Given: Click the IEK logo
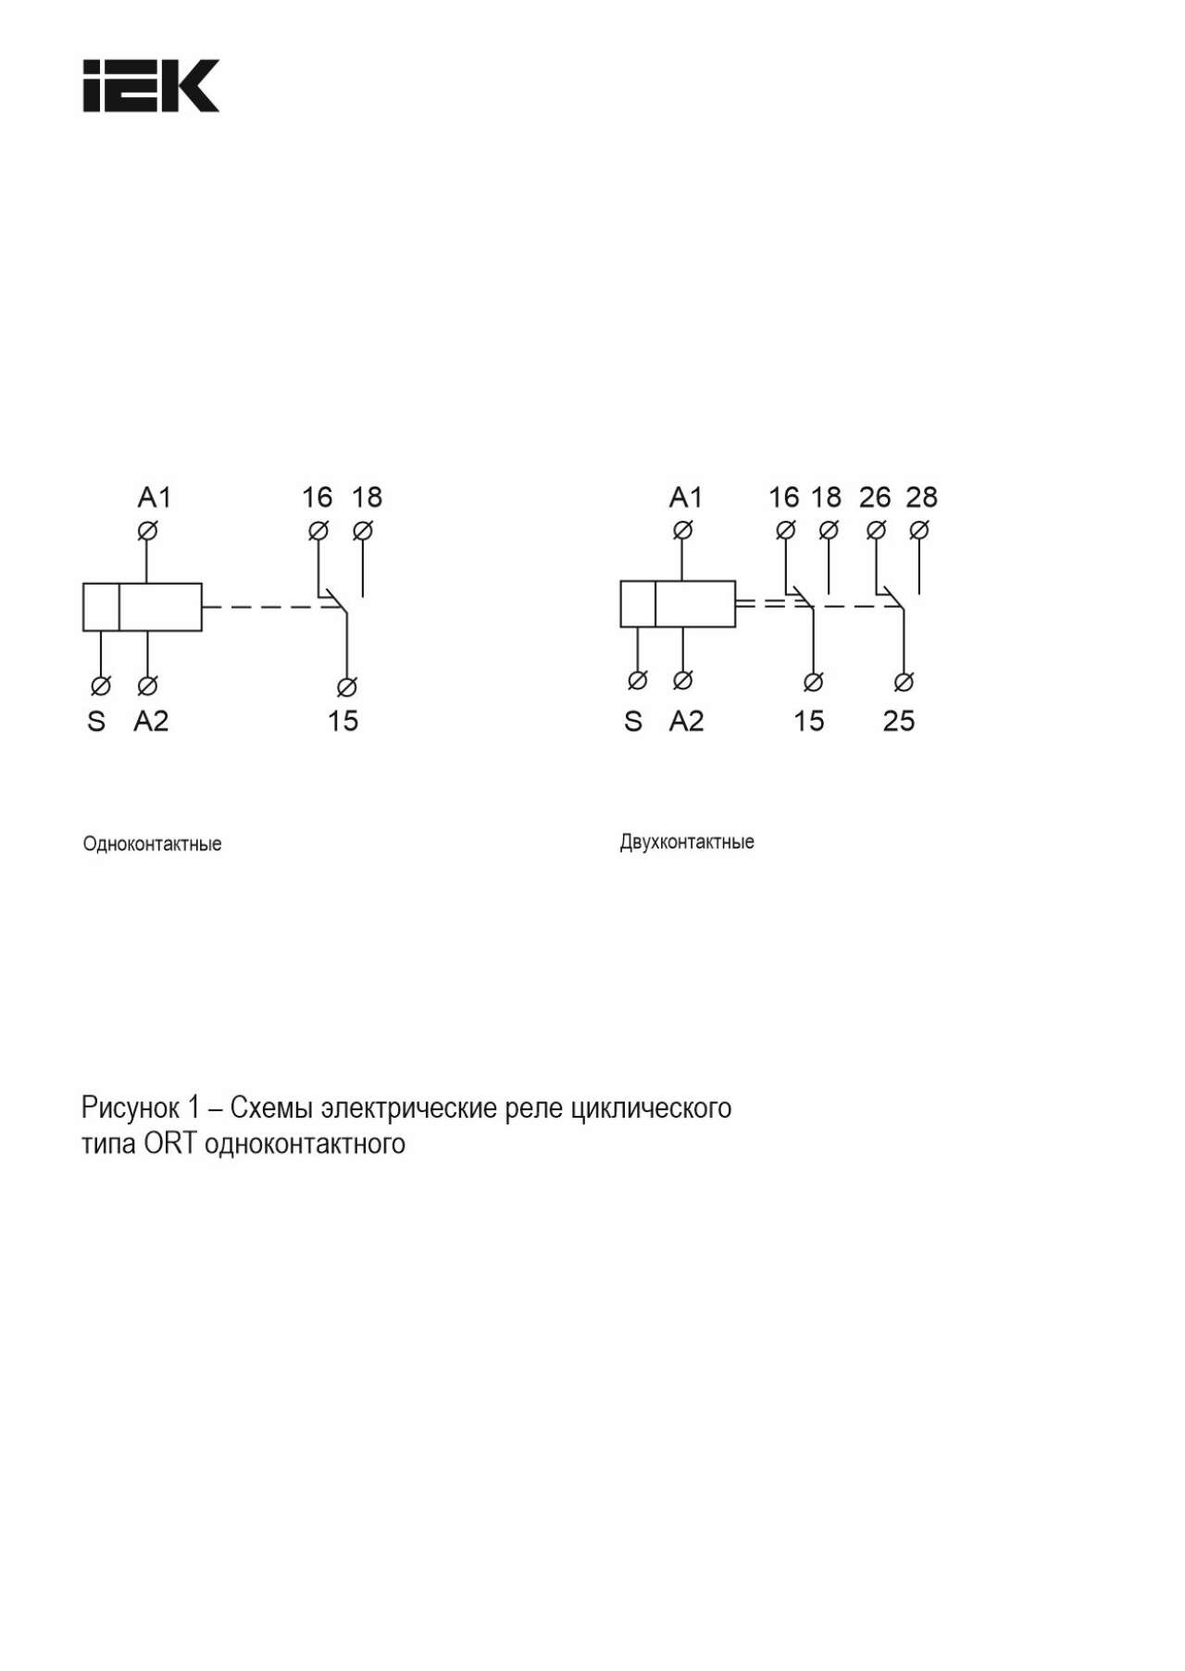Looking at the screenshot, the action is pos(151,86).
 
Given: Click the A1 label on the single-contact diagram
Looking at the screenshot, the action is pos(155,498).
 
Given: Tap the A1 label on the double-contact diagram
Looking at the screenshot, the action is pos(686,498).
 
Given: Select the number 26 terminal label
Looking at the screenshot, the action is pos(875,498).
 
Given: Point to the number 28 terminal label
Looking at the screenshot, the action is pos(921,498).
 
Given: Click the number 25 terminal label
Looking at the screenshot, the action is pos(899,721).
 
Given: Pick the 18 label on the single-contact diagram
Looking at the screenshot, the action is pos(367,498).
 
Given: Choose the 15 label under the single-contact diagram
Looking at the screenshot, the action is pos(343,721).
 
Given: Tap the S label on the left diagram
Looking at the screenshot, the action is pos(96,721).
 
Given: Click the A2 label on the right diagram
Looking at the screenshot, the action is pos(686,721).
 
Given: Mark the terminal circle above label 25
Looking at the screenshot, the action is pos(904,682).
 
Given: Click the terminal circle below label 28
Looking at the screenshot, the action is pos(919,530).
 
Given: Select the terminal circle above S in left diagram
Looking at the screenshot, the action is pos(101,686).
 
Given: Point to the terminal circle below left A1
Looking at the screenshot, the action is pos(147,531).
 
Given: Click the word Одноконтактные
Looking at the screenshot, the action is pos(153,844).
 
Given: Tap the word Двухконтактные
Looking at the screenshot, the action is pos(687,842).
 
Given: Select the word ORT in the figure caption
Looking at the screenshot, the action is pos(170,1144).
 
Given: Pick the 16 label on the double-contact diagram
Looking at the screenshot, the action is pos(783,498).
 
